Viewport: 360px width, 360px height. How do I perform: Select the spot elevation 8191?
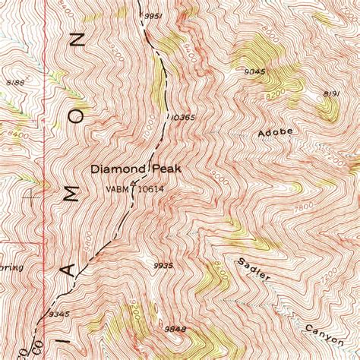(331, 93)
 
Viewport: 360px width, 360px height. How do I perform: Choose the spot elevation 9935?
(163, 266)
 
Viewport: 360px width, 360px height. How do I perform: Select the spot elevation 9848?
(175, 330)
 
